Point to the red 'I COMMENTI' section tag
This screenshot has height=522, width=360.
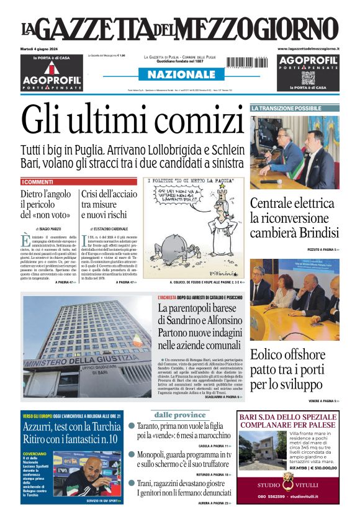37,182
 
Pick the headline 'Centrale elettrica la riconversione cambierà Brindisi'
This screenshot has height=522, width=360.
294,218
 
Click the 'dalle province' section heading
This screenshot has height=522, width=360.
180,415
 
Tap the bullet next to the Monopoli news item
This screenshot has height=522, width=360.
132,454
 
